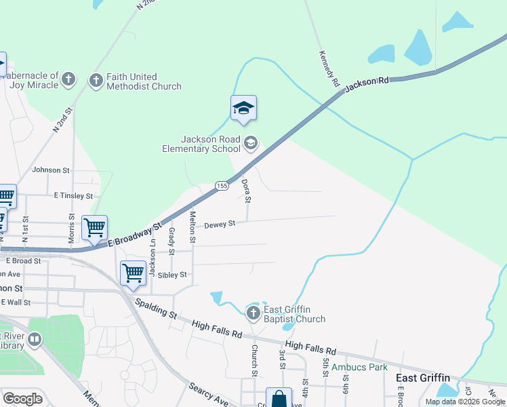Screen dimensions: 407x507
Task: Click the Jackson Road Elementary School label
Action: pos(201,143)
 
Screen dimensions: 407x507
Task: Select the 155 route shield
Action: pos(221,186)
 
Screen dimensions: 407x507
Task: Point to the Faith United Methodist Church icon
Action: pos(96,81)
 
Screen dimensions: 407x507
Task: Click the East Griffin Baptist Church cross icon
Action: pos(253,313)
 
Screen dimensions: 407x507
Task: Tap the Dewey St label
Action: pos(219,224)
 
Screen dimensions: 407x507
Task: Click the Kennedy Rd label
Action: pos(329,68)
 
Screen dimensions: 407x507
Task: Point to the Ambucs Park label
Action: pos(359,367)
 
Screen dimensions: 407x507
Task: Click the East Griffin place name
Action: pos(422,378)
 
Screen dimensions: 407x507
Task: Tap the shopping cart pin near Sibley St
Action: pos(133,273)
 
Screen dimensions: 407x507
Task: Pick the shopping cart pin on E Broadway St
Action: pos(94,227)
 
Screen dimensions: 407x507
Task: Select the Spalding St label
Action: pos(155,309)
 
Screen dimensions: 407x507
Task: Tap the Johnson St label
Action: pos(51,170)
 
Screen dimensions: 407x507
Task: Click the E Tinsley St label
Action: pos(73,195)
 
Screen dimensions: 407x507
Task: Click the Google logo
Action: pos(22,399)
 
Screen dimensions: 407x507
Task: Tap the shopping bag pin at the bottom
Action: pos(279,399)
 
